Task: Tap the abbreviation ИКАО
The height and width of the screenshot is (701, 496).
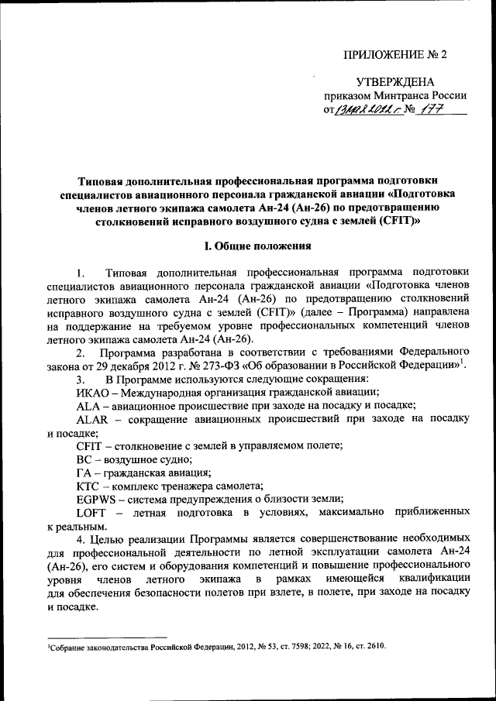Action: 92,392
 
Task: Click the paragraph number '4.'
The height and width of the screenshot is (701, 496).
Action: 81,538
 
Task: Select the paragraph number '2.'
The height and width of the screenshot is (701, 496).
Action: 81,351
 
